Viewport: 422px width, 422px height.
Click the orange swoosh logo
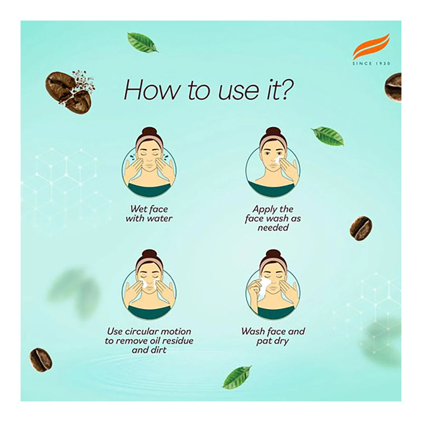[x=371, y=47]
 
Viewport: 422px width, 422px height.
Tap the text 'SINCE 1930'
[x=371, y=63]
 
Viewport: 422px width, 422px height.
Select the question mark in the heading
[x=284, y=89]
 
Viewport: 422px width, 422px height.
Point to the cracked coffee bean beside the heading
[x=69, y=91]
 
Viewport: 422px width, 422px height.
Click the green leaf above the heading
[x=142, y=42]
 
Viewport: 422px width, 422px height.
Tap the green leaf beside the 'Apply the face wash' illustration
[x=328, y=136]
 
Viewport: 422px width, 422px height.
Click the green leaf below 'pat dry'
[x=237, y=377]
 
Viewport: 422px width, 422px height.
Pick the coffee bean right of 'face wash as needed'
[x=361, y=228]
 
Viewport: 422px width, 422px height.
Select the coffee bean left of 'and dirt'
[x=41, y=360]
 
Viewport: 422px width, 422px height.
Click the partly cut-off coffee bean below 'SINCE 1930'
[x=393, y=87]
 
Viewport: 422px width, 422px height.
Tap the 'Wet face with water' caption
[x=149, y=214]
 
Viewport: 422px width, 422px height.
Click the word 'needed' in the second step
[x=273, y=227]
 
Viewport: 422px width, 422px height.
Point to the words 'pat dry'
[x=272, y=341]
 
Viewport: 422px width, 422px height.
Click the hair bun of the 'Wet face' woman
[x=150, y=132]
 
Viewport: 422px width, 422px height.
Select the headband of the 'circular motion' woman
[x=149, y=262]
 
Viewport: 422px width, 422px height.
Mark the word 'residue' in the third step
[x=178, y=340]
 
